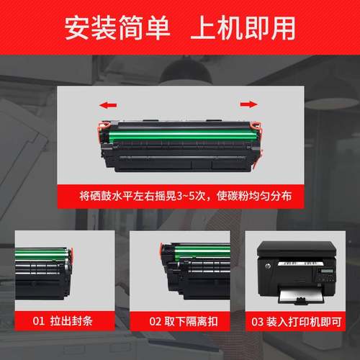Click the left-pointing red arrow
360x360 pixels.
point(108,105)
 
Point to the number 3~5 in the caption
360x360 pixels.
point(195,195)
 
